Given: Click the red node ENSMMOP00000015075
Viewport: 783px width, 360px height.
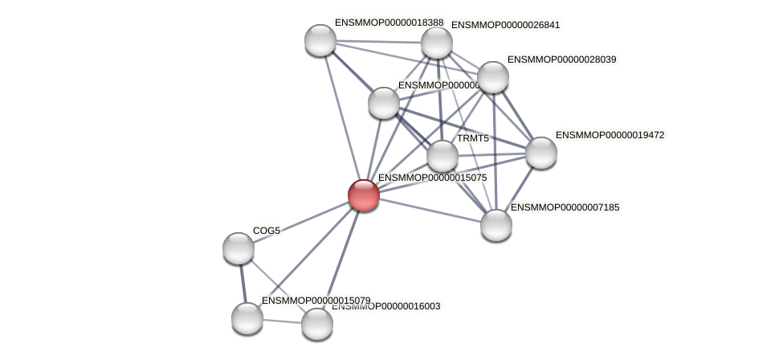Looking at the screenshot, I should click(x=363, y=195).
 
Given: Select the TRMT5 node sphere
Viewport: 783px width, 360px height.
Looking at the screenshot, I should click(x=442, y=156).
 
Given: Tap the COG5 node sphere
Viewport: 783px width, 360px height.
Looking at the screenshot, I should click(x=239, y=248).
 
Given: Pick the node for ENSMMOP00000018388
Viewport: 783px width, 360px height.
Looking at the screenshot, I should click(x=320, y=40).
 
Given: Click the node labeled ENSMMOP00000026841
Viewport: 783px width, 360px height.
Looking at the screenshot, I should click(x=437, y=43).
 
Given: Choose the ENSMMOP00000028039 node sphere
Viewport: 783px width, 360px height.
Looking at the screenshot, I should click(x=493, y=77).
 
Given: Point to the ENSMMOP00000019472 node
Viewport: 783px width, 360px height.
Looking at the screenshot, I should click(x=540, y=153).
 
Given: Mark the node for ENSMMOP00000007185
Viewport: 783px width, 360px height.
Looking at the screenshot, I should click(x=496, y=224).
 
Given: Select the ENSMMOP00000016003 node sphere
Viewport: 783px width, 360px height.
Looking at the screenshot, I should click(x=317, y=323).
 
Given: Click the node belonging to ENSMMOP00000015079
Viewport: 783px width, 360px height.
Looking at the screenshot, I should click(x=247, y=317).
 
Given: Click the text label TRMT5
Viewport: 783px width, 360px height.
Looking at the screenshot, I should click(x=473, y=138).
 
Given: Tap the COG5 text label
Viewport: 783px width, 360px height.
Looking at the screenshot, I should click(x=267, y=231).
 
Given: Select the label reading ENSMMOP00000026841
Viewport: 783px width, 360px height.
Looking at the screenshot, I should click(x=505, y=25).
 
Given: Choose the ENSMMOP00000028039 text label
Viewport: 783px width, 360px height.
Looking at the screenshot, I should click(x=561, y=59).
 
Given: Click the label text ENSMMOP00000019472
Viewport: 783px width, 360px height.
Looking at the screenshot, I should click(x=610, y=135).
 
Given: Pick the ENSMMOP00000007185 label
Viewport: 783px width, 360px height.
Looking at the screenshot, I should click(x=565, y=207).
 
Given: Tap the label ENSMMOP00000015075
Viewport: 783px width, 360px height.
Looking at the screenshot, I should click(x=432, y=178).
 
